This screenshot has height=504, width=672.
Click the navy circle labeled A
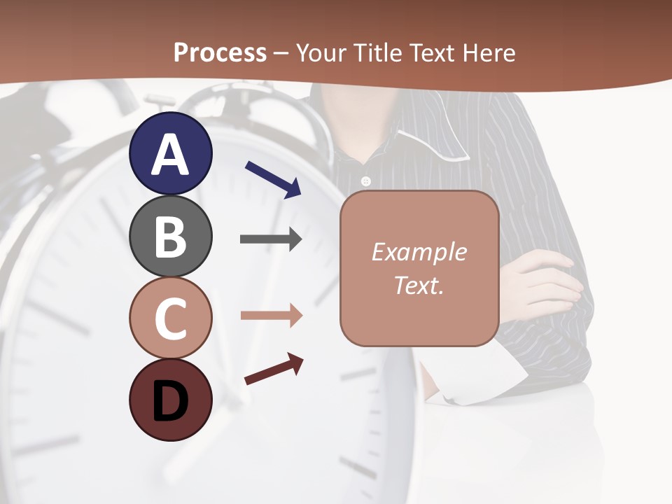coord(170,153)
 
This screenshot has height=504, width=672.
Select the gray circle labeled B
coord(170,236)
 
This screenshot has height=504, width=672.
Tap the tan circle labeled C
coord(170,318)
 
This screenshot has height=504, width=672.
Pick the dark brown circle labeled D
coord(170,400)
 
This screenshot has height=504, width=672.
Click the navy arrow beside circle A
coord(273,178)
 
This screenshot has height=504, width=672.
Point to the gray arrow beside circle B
coord(271,239)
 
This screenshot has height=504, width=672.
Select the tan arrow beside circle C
coord(271,316)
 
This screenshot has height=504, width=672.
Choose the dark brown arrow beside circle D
coord(274,369)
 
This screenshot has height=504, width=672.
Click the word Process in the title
coord(220,52)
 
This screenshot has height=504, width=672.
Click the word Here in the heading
coord(489,52)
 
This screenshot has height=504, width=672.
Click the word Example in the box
coord(419,252)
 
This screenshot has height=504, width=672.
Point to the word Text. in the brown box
coord(419,285)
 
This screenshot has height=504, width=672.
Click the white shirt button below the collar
coord(365,182)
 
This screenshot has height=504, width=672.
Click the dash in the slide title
coord(281,53)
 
